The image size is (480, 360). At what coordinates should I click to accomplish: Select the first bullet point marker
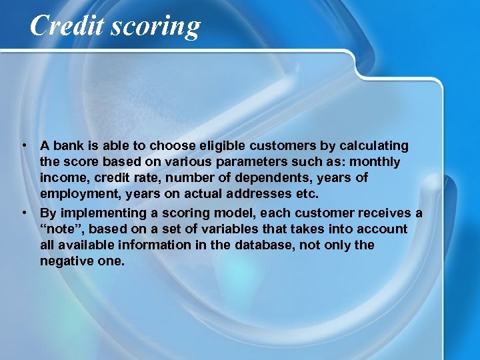click(x=23, y=145)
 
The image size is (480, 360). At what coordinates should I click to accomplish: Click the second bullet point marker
click(x=23, y=213)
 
